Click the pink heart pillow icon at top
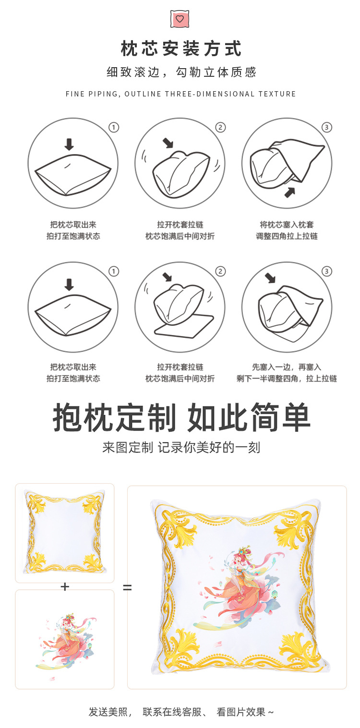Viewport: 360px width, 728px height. click(180, 19)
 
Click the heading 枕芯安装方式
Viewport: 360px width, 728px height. click(181, 49)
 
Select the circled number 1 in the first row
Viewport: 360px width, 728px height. click(114, 128)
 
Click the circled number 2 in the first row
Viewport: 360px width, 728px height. click(220, 128)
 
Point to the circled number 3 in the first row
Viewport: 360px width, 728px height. click(327, 128)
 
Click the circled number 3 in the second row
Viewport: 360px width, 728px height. click(327, 272)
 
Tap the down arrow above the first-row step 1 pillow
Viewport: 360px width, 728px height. click(69, 144)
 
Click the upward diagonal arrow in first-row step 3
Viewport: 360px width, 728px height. click(289, 192)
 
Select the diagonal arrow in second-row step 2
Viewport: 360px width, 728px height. click(167, 277)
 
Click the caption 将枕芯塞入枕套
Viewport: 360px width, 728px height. click(287, 225)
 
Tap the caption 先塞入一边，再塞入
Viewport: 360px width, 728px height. click(287, 367)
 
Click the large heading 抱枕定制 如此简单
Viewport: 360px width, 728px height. click(181, 418)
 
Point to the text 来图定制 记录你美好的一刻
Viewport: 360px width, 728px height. click(181, 448)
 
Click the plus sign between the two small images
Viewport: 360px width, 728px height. click(65, 586)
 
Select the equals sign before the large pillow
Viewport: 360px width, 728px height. click(127, 586)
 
